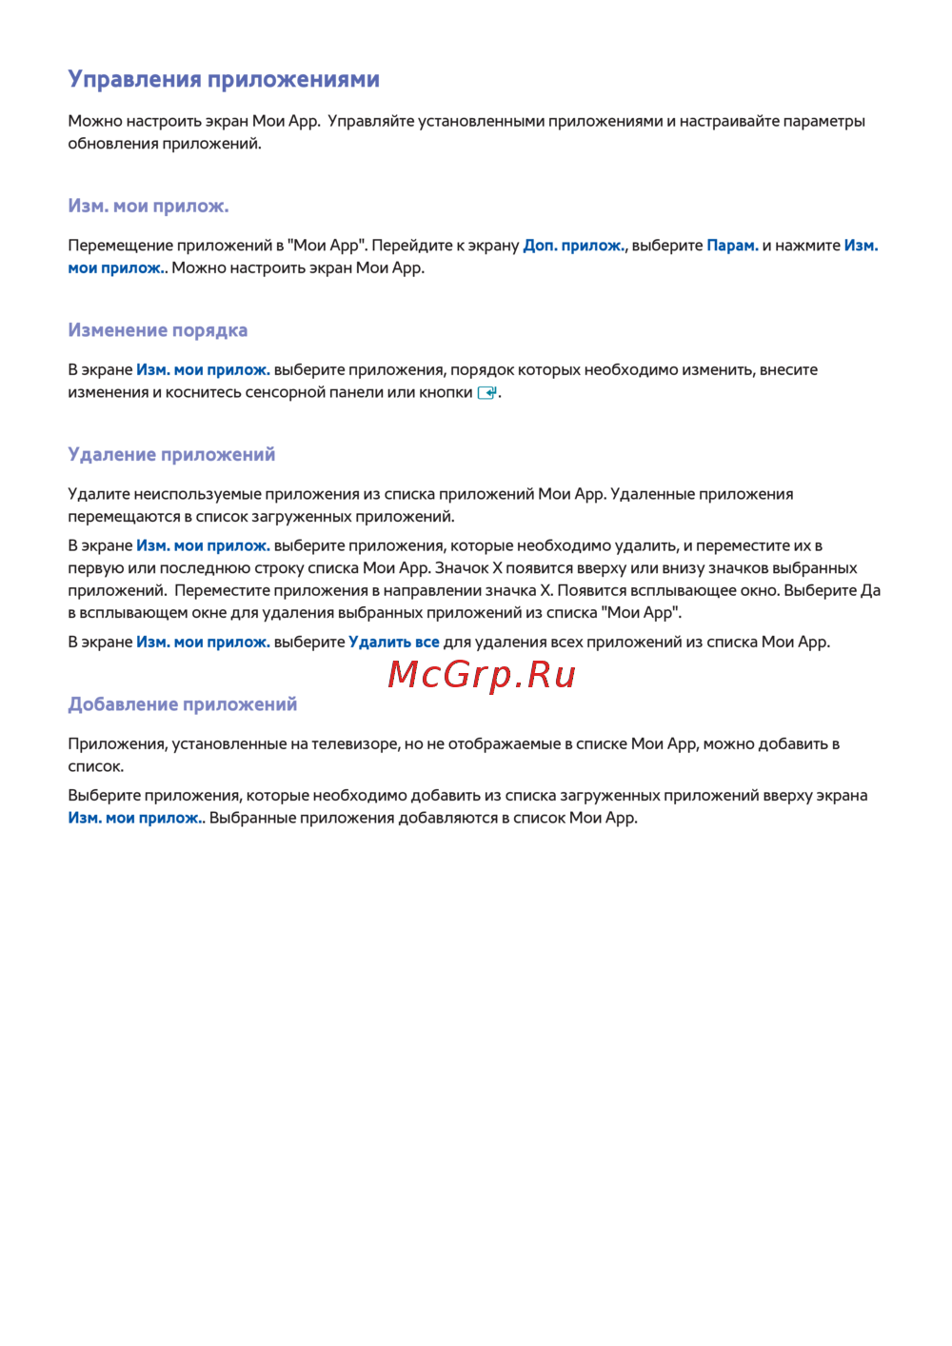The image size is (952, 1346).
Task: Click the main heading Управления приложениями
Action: point(224,80)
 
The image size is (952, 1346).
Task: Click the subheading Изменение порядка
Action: point(157,330)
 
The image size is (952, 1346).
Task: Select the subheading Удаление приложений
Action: point(171,455)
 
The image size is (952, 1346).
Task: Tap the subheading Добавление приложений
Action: point(182,704)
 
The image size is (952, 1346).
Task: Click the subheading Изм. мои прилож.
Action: point(148,206)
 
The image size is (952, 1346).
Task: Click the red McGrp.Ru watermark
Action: point(482,675)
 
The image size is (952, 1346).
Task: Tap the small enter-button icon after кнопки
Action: point(487,392)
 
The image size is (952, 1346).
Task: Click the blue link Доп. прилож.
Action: point(574,246)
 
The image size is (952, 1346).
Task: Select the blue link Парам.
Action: point(732,246)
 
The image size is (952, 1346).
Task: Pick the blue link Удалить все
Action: point(394,643)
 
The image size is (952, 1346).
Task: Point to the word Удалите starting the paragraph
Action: point(99,494)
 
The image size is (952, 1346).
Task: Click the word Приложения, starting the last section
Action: point(118,744)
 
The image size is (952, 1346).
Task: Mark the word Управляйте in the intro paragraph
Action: point(368,121)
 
